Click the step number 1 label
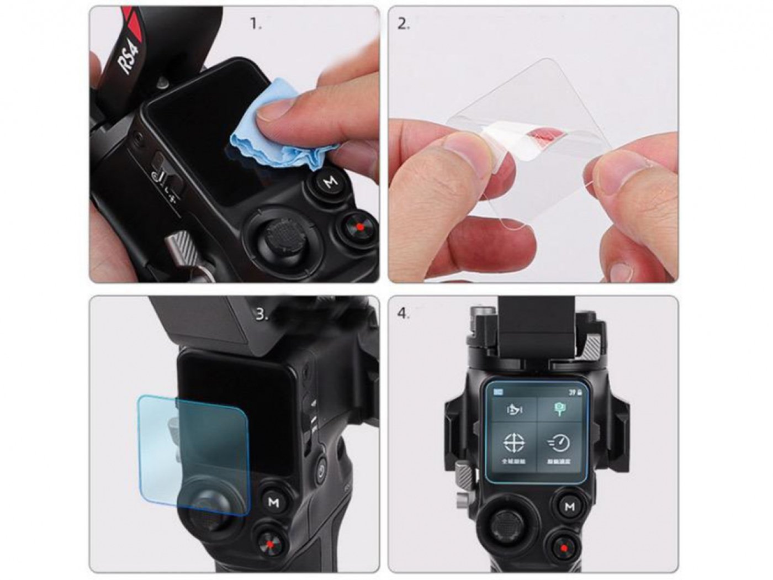click(255, 24)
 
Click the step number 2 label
click(404, 24)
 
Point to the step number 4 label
click(404, 313)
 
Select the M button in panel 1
click(330, 182)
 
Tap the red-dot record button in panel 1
click(359, 226)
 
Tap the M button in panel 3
click(273, 502)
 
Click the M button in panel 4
click(569, 506)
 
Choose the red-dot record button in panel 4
click(564, 549)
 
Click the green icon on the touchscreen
click(560, 409)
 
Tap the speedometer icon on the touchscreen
click(559, 443)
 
